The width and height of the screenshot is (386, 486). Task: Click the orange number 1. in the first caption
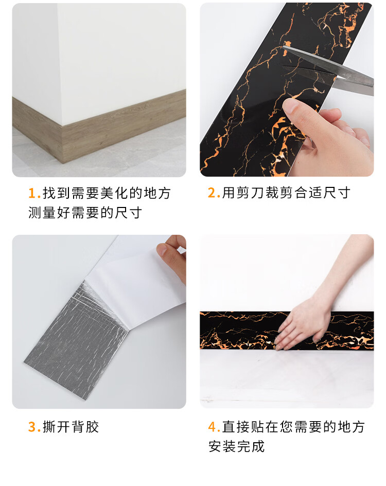point(34,194)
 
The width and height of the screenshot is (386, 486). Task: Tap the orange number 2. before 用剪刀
point(214,193)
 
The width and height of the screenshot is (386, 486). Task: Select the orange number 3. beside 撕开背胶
point(34,427)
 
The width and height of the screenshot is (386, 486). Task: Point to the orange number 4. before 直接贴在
point(214,427)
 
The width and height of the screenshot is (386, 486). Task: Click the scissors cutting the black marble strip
point(328,69)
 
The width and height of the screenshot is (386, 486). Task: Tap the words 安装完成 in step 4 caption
point(237,447)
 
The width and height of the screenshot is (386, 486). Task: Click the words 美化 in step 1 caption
point(115,193)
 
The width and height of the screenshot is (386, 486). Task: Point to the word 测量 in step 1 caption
point(42,213)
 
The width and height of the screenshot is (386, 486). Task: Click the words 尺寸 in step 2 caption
point(337,193)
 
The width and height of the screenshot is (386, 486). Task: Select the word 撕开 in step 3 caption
point(57,427)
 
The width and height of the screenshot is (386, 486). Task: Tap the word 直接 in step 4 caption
point(236,427)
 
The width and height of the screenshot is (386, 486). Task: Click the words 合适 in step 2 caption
point(308,193)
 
